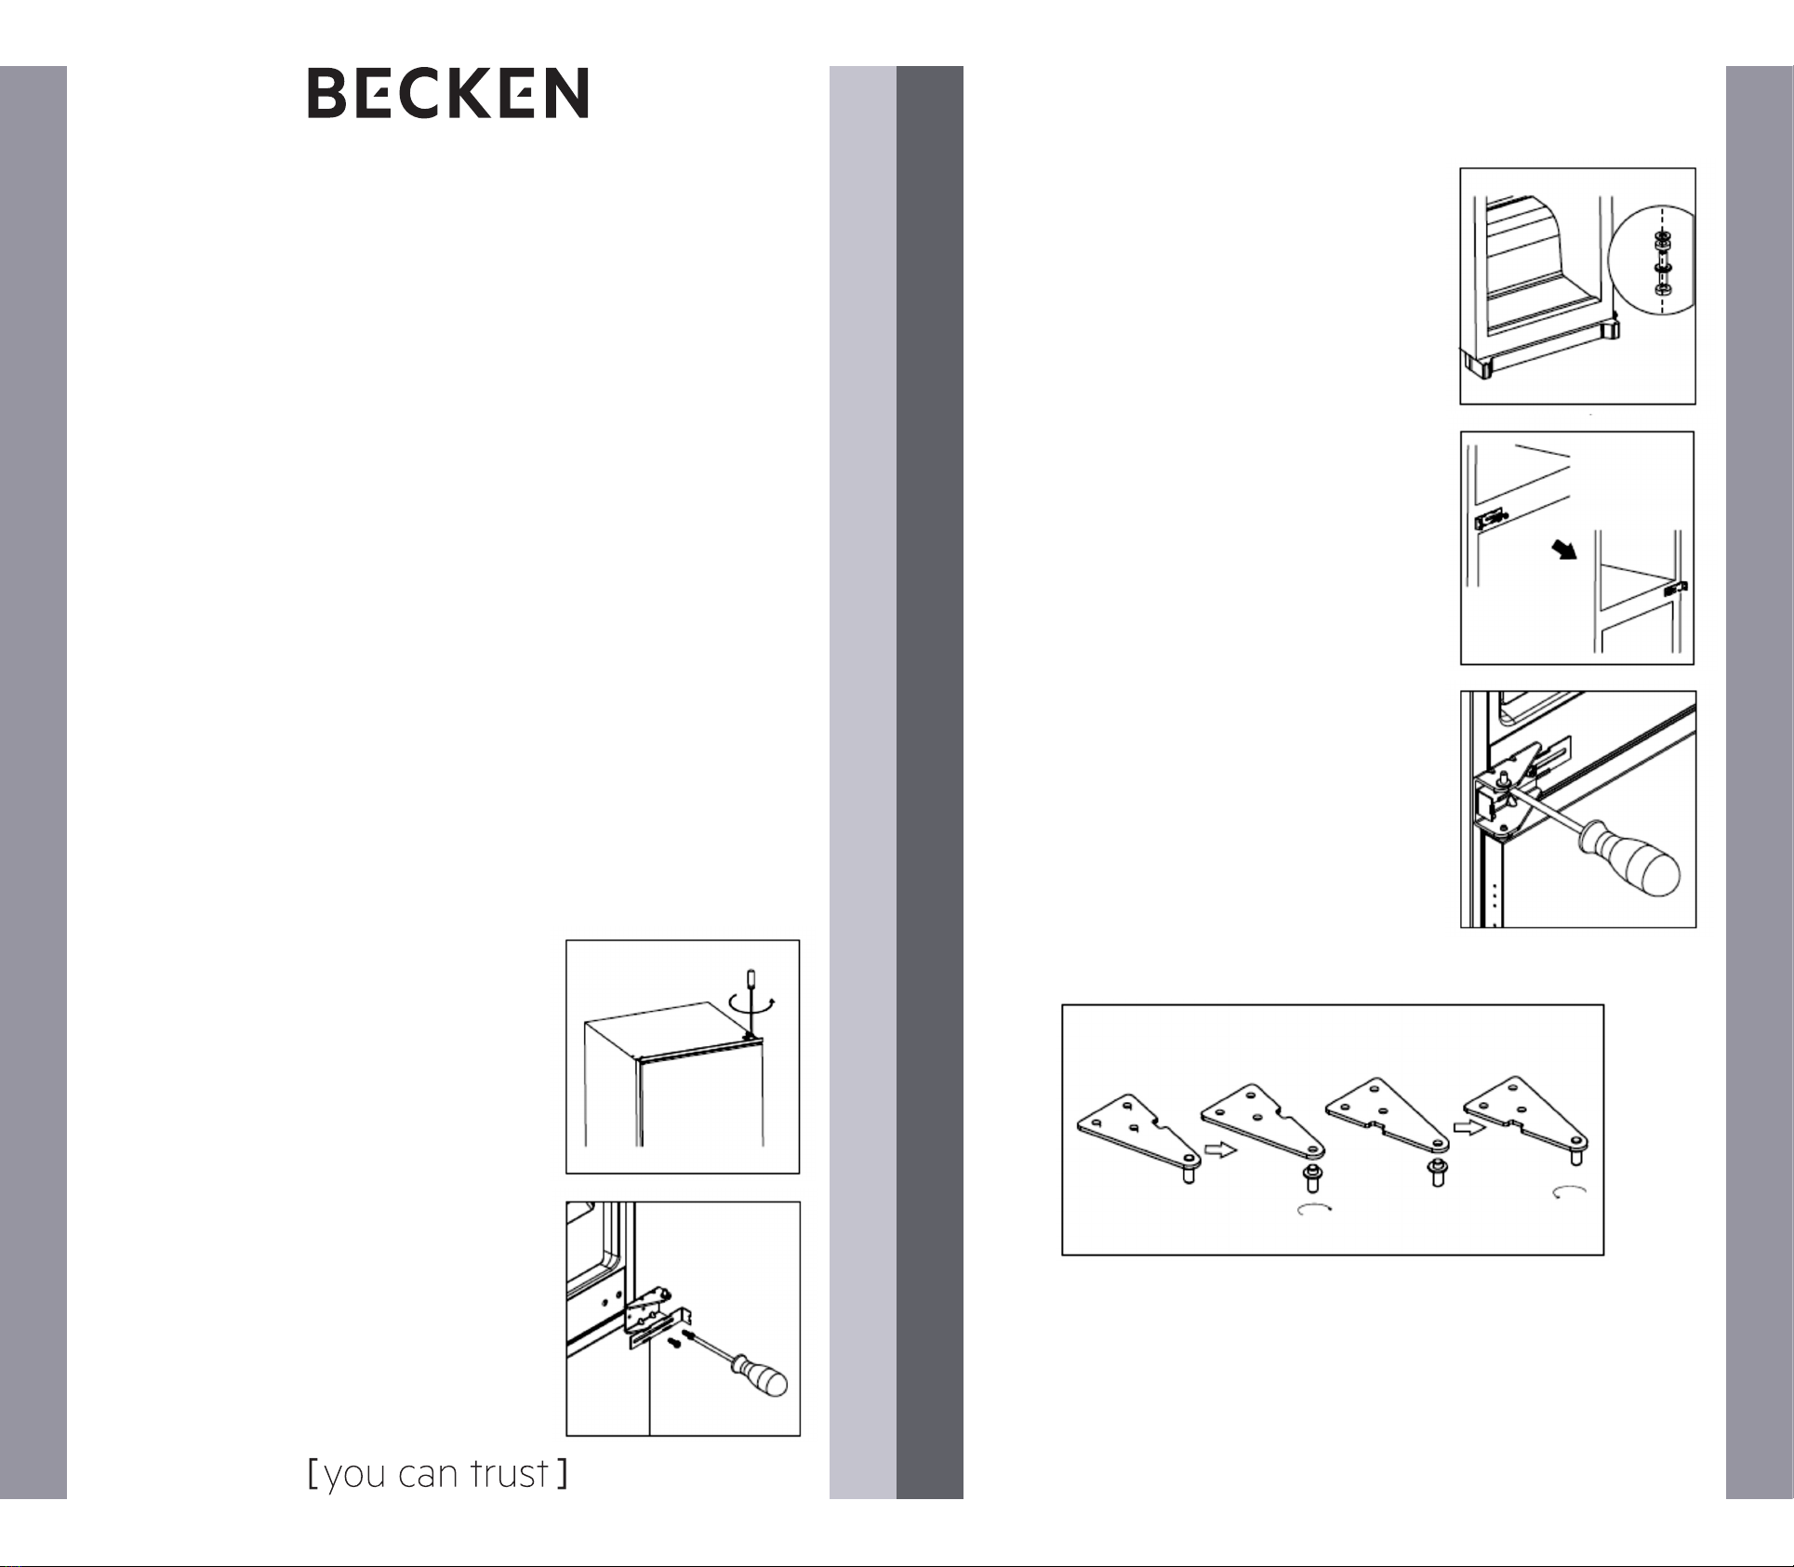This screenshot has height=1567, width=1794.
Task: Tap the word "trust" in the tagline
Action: (509, 1474)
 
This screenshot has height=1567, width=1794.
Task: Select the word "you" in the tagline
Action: (354, 1478)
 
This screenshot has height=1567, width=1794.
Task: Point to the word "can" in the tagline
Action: (428, 1477)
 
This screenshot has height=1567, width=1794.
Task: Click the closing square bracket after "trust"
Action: (562, 1474)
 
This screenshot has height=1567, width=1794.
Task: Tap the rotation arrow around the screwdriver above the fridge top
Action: (751, 1006)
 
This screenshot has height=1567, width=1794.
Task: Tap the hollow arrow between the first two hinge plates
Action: (1219, 1149)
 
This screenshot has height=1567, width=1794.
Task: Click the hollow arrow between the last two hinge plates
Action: (1469, 1126)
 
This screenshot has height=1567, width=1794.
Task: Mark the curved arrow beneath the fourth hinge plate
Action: (1569, 1192)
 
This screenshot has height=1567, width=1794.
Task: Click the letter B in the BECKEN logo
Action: (331, 93)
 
